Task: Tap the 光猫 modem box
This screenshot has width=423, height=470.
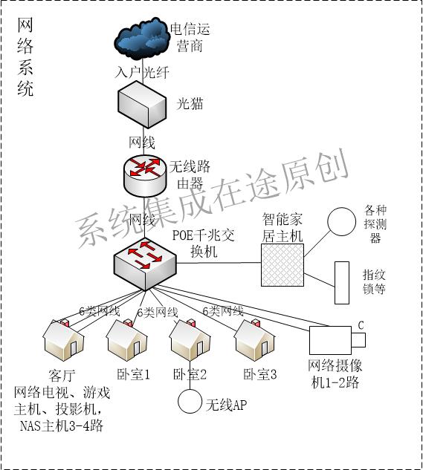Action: click(141, 104)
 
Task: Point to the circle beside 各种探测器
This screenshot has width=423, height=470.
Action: click(343, 221)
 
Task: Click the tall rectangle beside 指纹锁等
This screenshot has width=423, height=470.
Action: click(342, 282)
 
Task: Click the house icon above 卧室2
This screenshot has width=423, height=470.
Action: click(190, 341)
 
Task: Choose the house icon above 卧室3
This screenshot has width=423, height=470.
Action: click(255, 341)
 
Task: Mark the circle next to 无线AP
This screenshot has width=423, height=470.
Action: click(190, 402)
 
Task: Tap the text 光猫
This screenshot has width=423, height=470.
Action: click(189, 104)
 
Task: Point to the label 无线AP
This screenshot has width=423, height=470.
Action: click(225, 405)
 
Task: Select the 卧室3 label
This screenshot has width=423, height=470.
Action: click(259, 374)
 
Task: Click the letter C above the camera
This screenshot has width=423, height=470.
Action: click(361, 324)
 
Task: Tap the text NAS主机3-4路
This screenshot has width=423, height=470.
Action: click(61, 425)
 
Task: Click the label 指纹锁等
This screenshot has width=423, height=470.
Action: click(374, 281)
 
